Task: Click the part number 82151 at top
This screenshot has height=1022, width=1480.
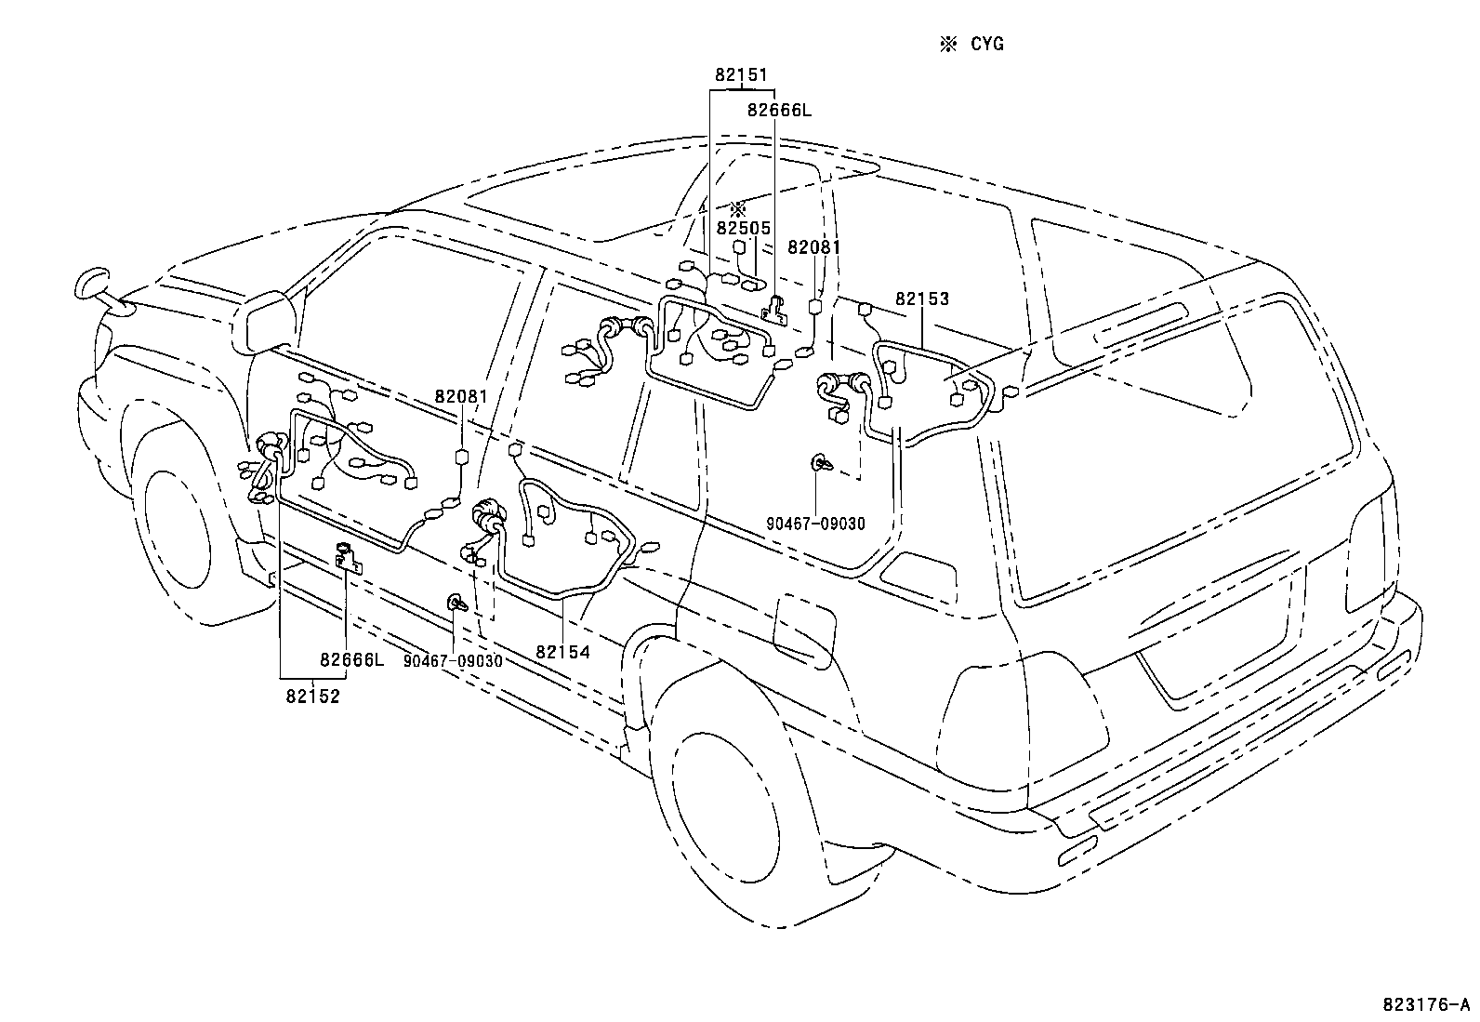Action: pyautogui.click(x=741, y=75)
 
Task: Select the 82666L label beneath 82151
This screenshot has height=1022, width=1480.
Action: pyautogui.click(x=779, y=110)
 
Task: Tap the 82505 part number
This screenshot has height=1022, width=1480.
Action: pyautogui.click(x=744, y=229)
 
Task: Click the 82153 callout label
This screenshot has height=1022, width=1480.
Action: pyautogui.click(x=922, y=299)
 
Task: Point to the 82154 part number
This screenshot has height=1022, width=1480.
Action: pyautogui.click(x=562, y=652)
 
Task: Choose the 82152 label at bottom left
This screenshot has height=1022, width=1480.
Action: pyautogui.click(x=312, y=696)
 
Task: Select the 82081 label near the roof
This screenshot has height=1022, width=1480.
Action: pyautogui.click(x=813, y=247)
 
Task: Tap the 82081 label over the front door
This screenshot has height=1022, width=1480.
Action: pyautogui.click(x=461, y=396)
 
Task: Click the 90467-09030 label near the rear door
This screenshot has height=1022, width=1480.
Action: pyautogui.click(x=815, y=524)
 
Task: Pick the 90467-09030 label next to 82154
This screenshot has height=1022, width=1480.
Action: pyautogui.click(x=453, y=660)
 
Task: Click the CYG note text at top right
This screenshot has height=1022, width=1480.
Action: pyautogui.click(x=986, y=44)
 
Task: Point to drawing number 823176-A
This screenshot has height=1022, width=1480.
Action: pyautogui.click(x=1428, y=1004)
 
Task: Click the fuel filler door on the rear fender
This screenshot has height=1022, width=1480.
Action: pyautogui.click(x=802, y=630)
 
